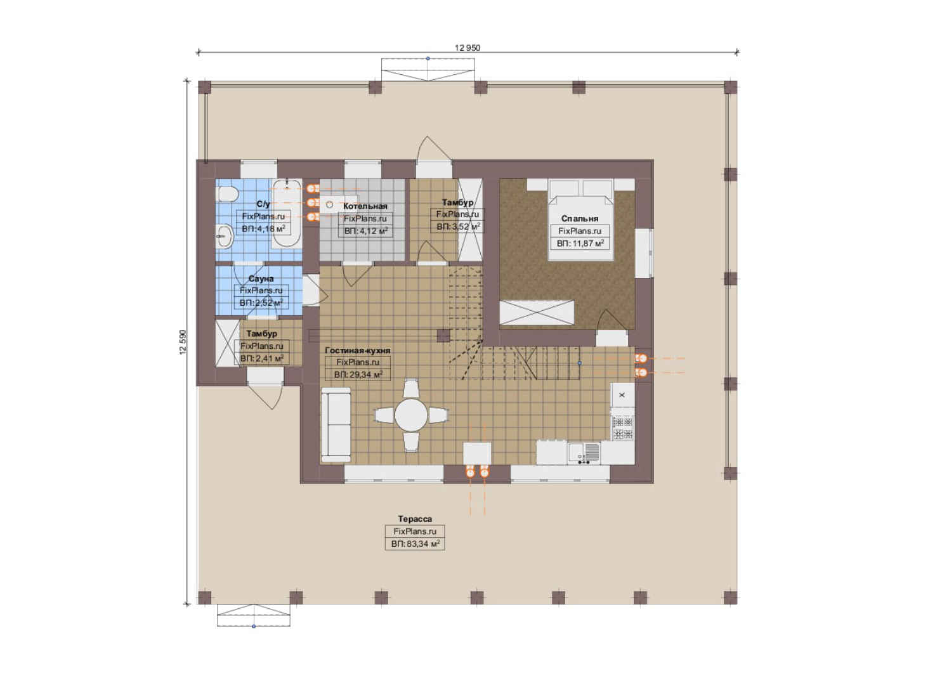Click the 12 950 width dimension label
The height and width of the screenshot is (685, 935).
tap(468, 48)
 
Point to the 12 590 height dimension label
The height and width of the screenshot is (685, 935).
tap(183, 342)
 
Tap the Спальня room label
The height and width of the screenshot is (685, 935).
tap(580, 218)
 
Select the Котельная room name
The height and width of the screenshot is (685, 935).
tap(365, 206)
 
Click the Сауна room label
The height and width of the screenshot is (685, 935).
tap(261, 278)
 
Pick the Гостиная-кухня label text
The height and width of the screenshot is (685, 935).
tap(358, 351)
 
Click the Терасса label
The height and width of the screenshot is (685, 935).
tap(415, 519)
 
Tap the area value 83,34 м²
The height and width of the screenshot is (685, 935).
tap(421, 544)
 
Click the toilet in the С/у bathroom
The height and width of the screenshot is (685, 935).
tap(228, 194)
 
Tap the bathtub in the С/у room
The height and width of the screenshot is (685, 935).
tap(287, 213)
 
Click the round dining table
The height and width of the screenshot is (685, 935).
tap(411, 415)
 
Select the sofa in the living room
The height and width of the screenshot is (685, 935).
tap(336, 424)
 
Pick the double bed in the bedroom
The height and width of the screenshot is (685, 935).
tap(581, 219)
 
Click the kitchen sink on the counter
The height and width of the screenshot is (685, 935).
tap(584, 453)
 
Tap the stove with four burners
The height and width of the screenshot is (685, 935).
tap(623, 428)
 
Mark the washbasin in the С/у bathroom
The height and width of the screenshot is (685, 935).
tap(225, 237)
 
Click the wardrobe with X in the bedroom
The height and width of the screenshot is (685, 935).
tap(537, 312)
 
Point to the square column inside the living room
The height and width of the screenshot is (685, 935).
tap(443, 336)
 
